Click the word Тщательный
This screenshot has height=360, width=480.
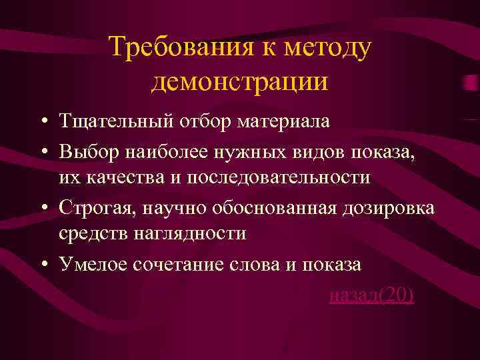[x=113, y=122]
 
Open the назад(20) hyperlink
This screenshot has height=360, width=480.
[x=371, y=295]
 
